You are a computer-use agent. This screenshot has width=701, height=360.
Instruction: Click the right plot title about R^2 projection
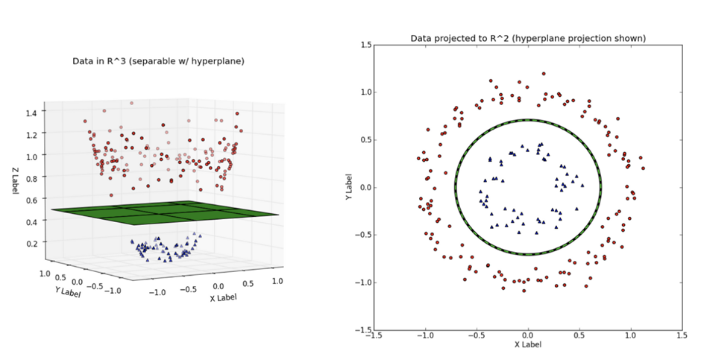point(528,38)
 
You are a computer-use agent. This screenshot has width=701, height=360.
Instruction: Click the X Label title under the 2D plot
point(527,344)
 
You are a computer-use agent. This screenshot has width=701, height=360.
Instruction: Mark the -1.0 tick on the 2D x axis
point(425,336)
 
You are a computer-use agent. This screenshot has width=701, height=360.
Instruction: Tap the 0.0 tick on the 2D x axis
point(527,336)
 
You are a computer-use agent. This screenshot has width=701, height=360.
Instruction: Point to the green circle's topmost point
point(528,120)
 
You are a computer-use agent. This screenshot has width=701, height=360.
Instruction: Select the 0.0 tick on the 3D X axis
point(219,285)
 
